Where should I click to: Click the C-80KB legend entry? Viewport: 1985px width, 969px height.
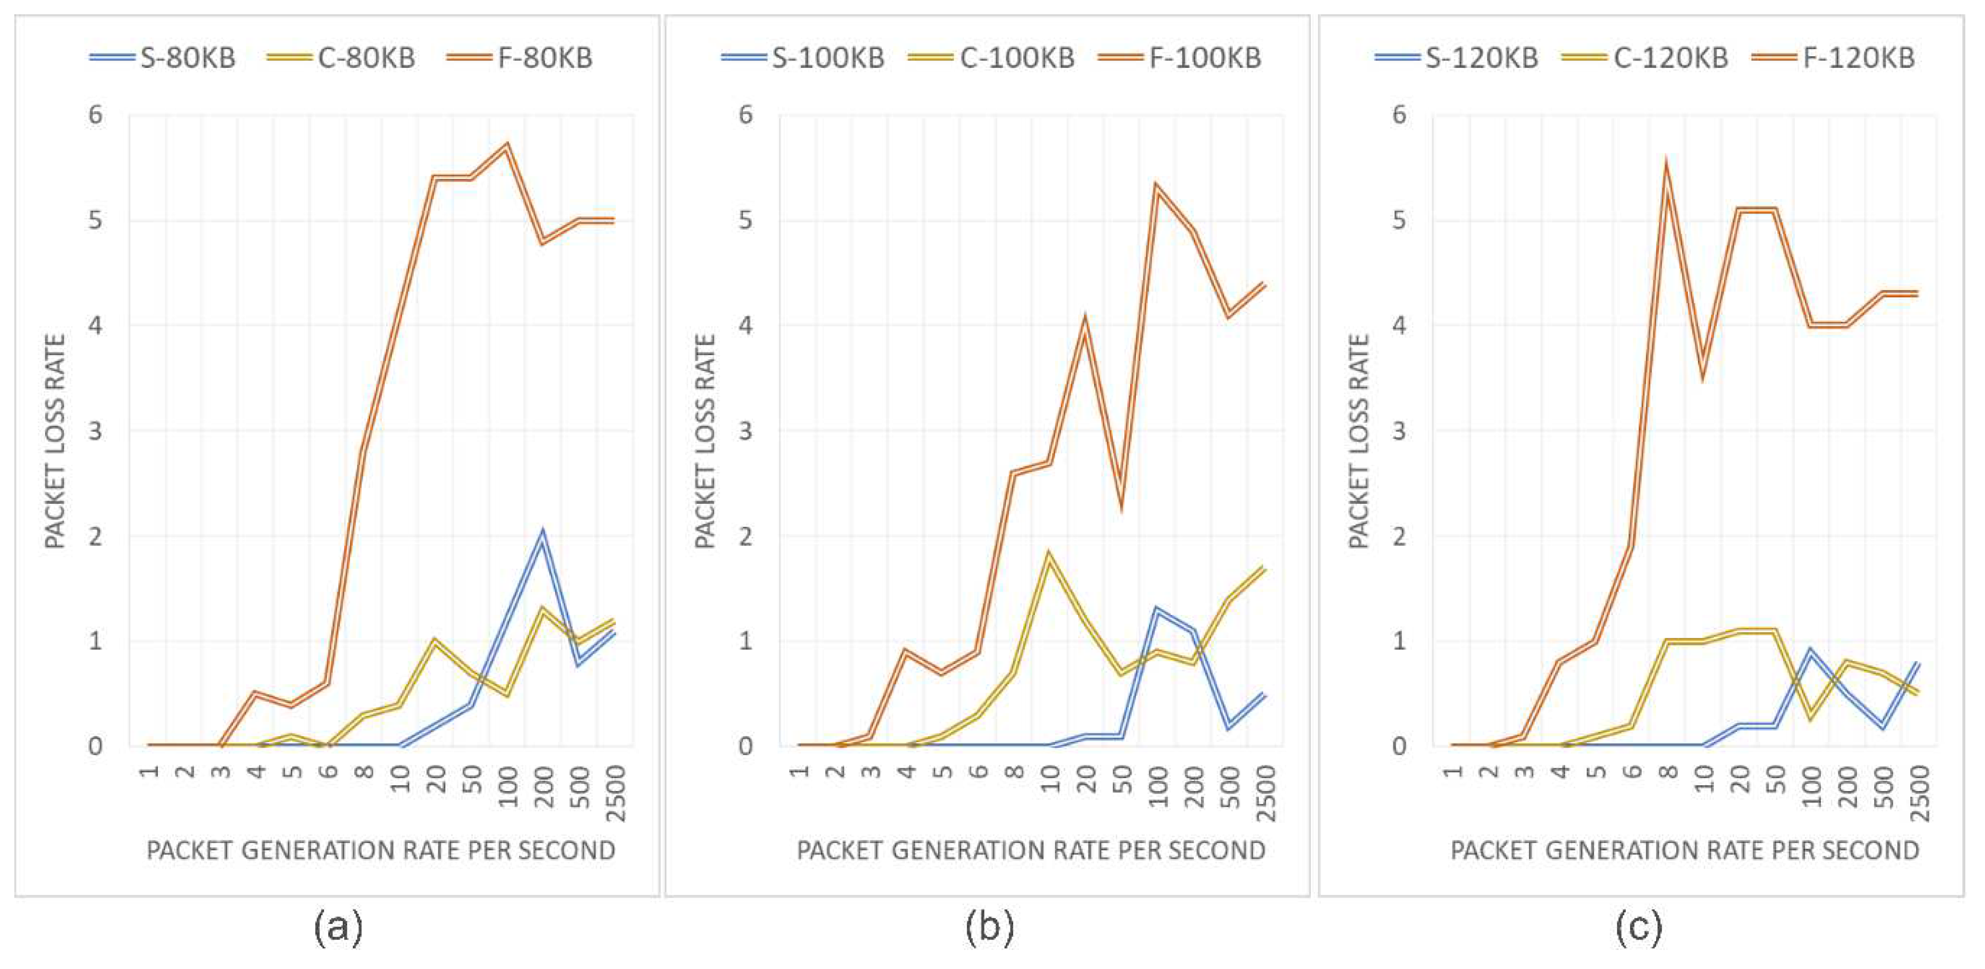(x=342, y=58)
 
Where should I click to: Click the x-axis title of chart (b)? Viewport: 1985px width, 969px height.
(x=1031, y=850)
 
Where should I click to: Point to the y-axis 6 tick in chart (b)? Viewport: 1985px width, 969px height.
(x=745, y=115)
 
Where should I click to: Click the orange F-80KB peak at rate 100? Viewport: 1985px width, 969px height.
(x=507, y=145)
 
